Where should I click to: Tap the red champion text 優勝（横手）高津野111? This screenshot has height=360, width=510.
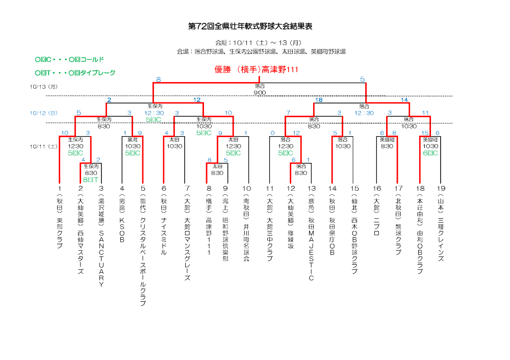(x=256, y=70)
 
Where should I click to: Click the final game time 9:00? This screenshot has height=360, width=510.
(x=260, y=93)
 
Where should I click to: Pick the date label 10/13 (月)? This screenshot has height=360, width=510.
(x=44, y=87)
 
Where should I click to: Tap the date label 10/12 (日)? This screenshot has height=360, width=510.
(x=44, y=113)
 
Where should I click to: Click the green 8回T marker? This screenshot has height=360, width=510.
(x=91, y=179)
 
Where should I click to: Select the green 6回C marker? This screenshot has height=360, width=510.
(x=429, y=152)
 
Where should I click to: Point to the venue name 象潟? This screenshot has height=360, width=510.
(x=132, y=139)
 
